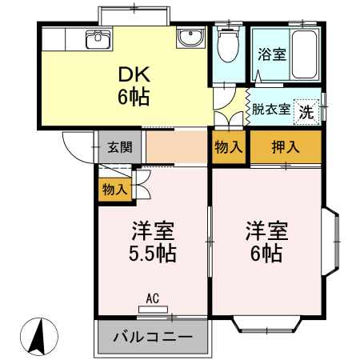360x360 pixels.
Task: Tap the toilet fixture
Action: [x=227, y=46]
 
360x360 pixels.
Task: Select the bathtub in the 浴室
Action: [x=306, y=53]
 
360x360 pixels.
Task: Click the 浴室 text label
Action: [x=271, y=55]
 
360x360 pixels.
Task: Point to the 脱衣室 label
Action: [x=270, y=109]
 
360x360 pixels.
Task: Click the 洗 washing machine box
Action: [x=306, y=110]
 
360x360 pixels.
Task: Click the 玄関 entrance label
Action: [x=121, y=147]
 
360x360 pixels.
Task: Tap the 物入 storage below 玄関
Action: [x=114, y=189]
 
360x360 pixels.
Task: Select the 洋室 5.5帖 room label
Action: [x=153, y=242]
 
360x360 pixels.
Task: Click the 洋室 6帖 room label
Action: [x=265, y=242]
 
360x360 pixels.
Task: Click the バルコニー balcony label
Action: [x=152, y=337]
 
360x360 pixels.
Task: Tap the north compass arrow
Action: [x=38, y=336]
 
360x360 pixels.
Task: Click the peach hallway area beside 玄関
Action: [x=177, y=146]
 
